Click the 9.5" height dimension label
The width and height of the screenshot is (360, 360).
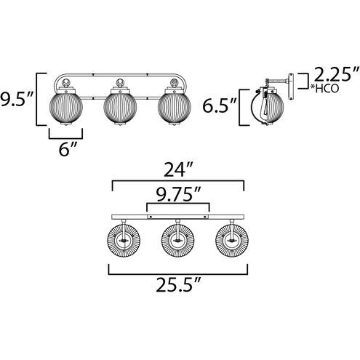click(16, 99)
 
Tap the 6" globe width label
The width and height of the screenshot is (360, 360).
click(68, 148)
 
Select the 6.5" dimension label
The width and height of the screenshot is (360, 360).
click(219, 106)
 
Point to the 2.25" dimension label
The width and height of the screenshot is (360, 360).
click(336, 74)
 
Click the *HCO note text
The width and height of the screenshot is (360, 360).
click(325, 89)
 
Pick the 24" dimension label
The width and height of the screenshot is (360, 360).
click(178, 169)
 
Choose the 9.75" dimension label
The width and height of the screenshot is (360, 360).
click(178, 194)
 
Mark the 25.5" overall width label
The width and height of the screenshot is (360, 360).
click(178, 285)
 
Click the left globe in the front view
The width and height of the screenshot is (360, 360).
click(66, 107)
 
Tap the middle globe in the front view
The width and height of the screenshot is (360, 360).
click(120, 107)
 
